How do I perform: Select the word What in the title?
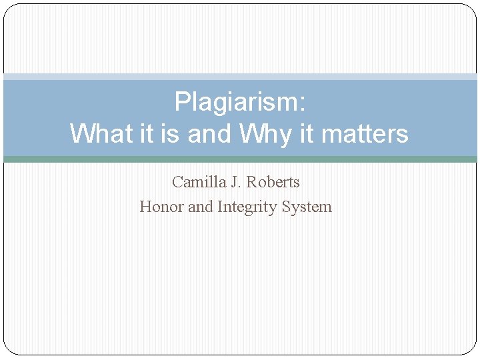click(x=101, y=134)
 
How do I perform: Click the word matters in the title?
click(x=364, y=134)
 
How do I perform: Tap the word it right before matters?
click(x=307, y=134)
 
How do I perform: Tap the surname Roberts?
click(x=275, y=182)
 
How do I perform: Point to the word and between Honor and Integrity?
click(x=200, y=207)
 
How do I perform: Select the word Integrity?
click(x=247, y=207)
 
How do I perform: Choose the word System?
click(x=307, y=207)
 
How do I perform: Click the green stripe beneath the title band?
click(x=240, y=159)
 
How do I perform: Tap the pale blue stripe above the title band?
click(x=240, y=77)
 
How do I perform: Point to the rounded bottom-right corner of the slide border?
click(x=471, y=349)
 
